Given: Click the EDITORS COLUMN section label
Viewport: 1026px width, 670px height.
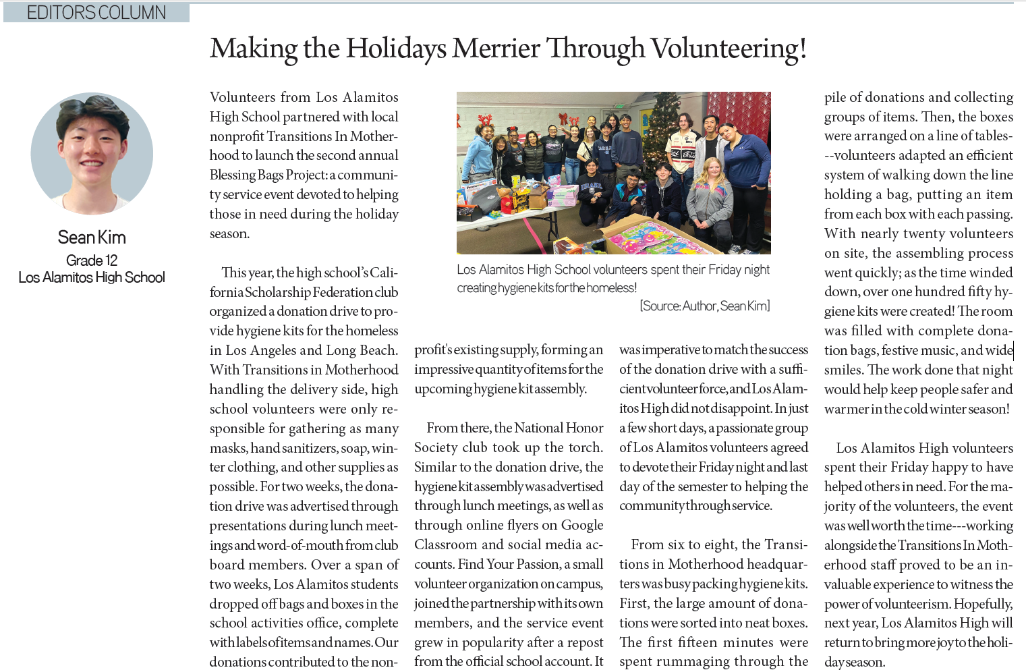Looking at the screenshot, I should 96,12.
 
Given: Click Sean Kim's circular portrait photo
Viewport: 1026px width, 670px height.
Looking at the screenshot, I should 92,154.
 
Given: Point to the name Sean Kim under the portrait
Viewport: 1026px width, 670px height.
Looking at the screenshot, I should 92,238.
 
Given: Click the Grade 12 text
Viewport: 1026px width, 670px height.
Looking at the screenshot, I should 92,260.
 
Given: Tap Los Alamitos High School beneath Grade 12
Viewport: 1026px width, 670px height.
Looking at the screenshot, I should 92,277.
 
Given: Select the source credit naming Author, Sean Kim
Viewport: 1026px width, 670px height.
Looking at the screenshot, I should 704,306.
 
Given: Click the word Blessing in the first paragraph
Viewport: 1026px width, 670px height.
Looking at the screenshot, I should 232,175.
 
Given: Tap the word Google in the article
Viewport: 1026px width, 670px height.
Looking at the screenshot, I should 582,525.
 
